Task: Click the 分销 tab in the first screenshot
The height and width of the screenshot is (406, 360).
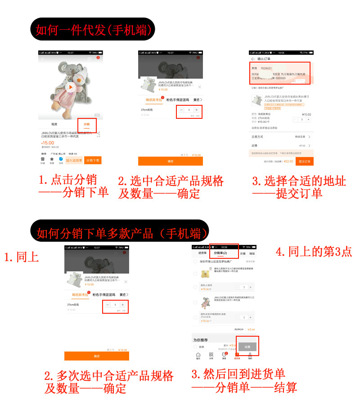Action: [x=86, y=124]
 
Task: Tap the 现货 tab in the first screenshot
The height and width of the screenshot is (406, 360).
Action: [x=54, y=124]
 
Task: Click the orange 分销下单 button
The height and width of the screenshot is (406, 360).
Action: [x=93, y=160]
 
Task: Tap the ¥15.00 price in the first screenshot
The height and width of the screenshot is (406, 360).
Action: [x=48, y=143]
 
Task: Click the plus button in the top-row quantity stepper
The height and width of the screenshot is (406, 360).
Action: [x=196, y=110]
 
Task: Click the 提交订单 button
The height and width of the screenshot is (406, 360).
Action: [x=304, y=161]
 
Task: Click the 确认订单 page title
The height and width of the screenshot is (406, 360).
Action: [x=265, y=59]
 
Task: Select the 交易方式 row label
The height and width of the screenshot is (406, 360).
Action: [x=257, y=136]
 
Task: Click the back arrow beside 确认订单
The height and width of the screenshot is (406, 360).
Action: [x=253, y=59]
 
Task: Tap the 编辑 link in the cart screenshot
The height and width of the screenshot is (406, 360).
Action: [x=252, y=253]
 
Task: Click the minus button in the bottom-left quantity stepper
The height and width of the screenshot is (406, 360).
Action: [x=108, y=305]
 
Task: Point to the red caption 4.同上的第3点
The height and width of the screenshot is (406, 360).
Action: [x=313, y=252]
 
